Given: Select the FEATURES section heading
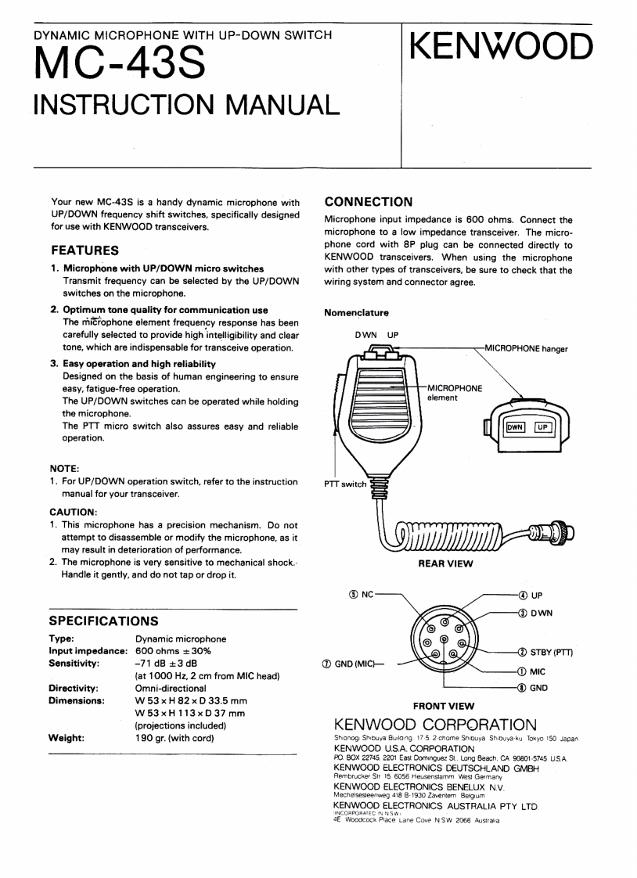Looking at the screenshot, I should pyautogui.click(x=84, y=250).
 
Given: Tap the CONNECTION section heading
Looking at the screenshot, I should pyautogui.click(x=368, y=203).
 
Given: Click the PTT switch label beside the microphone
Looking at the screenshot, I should pyautogui.click(x=344, y=484).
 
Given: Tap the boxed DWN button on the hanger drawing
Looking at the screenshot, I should pyautogui.click(x=515, y=427).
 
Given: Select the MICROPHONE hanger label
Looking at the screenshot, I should pyautogui.click(x=527, y=347).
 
